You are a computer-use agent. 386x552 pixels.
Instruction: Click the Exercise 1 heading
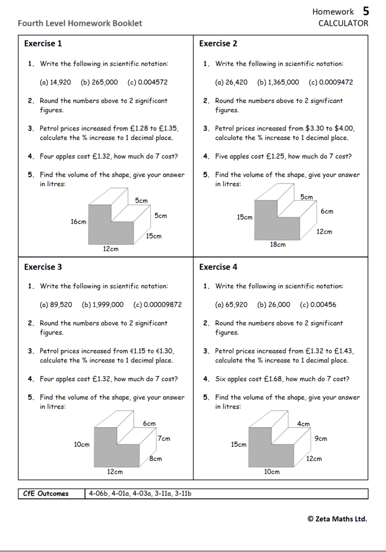[x=43, y=44]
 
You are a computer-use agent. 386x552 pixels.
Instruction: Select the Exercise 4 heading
[x=218, y=267]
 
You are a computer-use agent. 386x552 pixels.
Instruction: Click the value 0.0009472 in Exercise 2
[x=331, y=83]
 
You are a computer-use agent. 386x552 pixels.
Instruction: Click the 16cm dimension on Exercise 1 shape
[x=78, y=221]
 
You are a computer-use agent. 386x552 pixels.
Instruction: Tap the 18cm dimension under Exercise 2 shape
[x=278, y=245]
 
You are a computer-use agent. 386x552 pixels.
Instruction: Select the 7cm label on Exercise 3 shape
[x=164, y=439]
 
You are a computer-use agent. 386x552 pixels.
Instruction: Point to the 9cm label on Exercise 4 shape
[x=321, y=439]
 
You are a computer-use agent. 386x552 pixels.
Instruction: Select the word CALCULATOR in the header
[x=343, y=23]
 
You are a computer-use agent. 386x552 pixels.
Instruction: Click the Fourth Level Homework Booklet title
[x=80, y=23]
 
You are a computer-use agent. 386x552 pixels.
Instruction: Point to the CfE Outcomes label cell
[x=46, y=494]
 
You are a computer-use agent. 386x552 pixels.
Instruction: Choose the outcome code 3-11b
[x=183, y=494]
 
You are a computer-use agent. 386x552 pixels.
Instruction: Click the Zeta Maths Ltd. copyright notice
[x=337, y=519]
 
